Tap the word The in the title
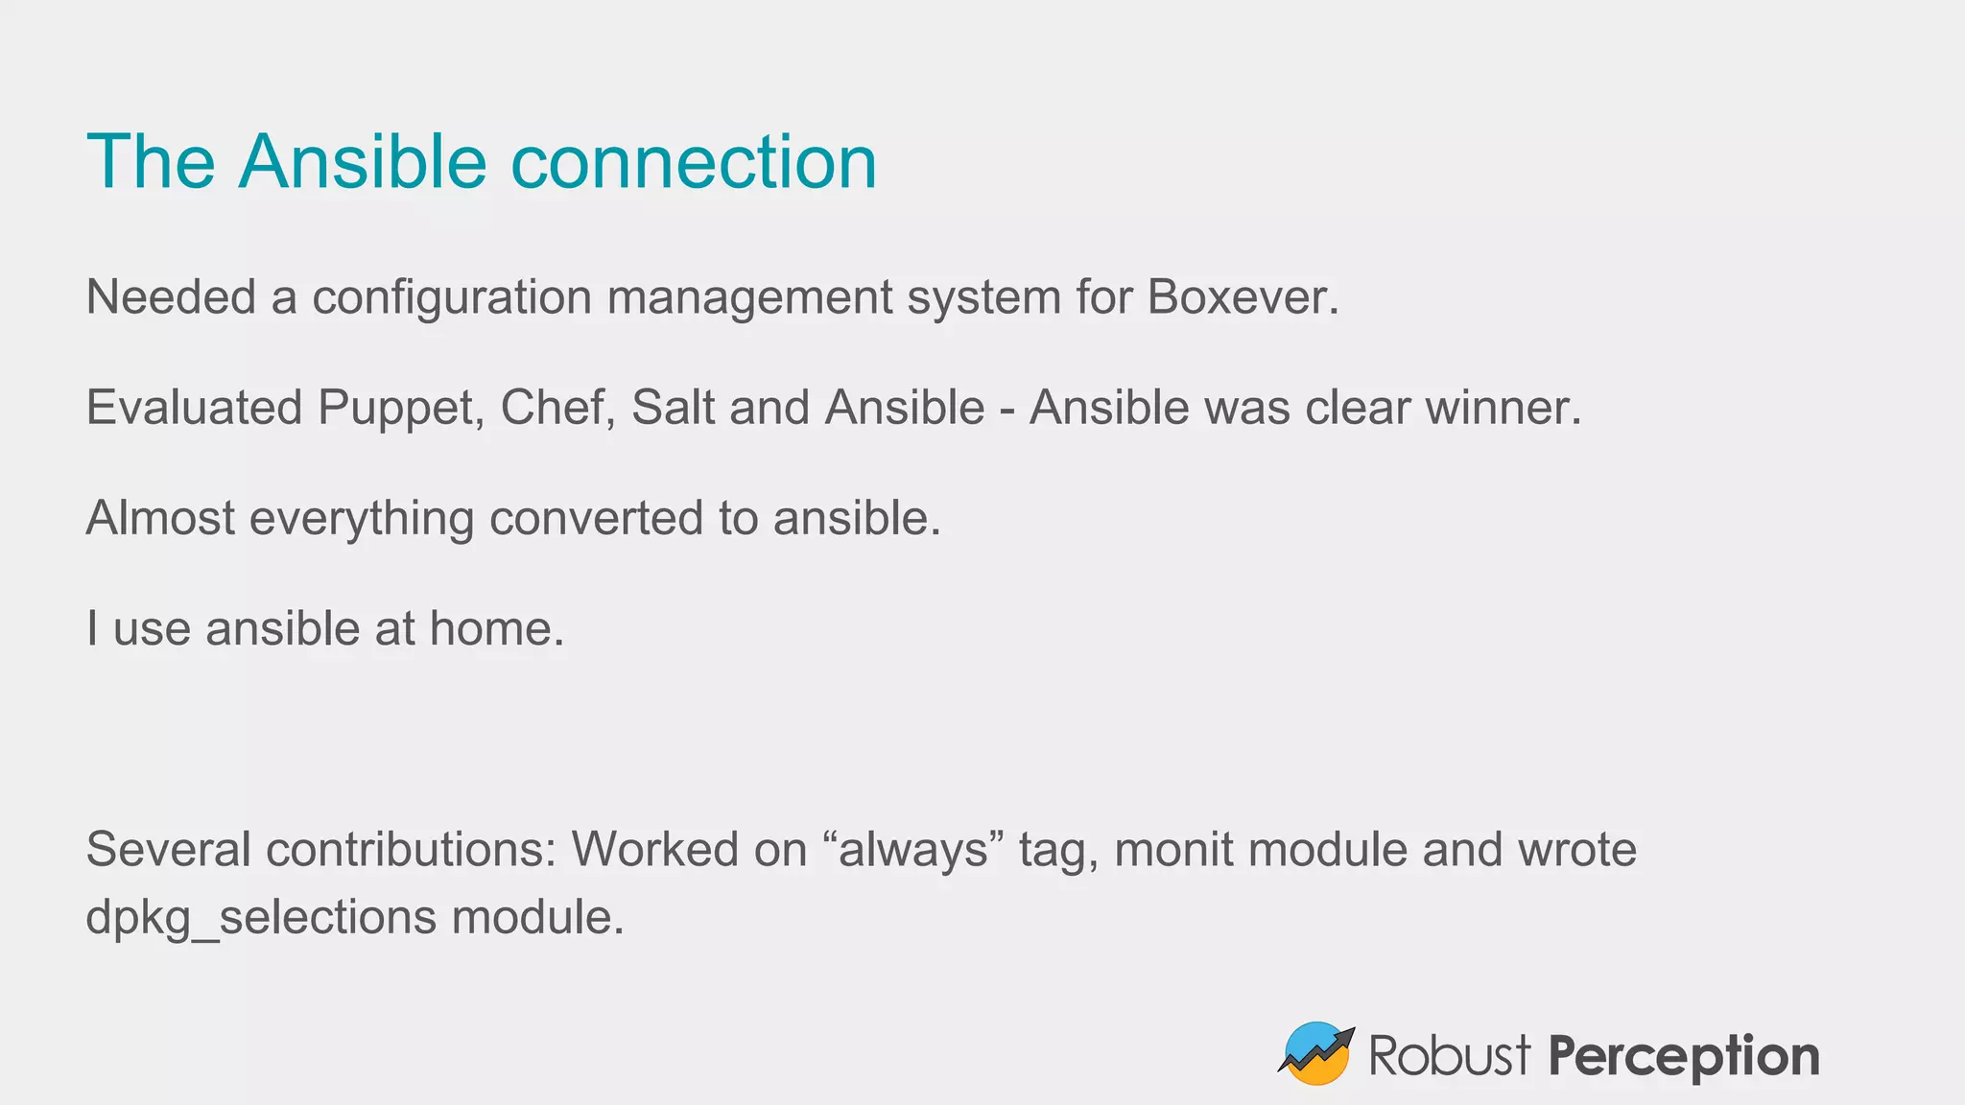pos(151,162)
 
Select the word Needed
pos(171,297)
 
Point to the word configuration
pos(452,297)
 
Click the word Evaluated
pos(194,408)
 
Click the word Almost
pos(160,518)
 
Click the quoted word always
pos(912,850)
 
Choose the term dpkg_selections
pos(261,918)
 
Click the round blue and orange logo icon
pos(1315,1053)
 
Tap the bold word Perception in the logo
pos(1683,1057)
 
